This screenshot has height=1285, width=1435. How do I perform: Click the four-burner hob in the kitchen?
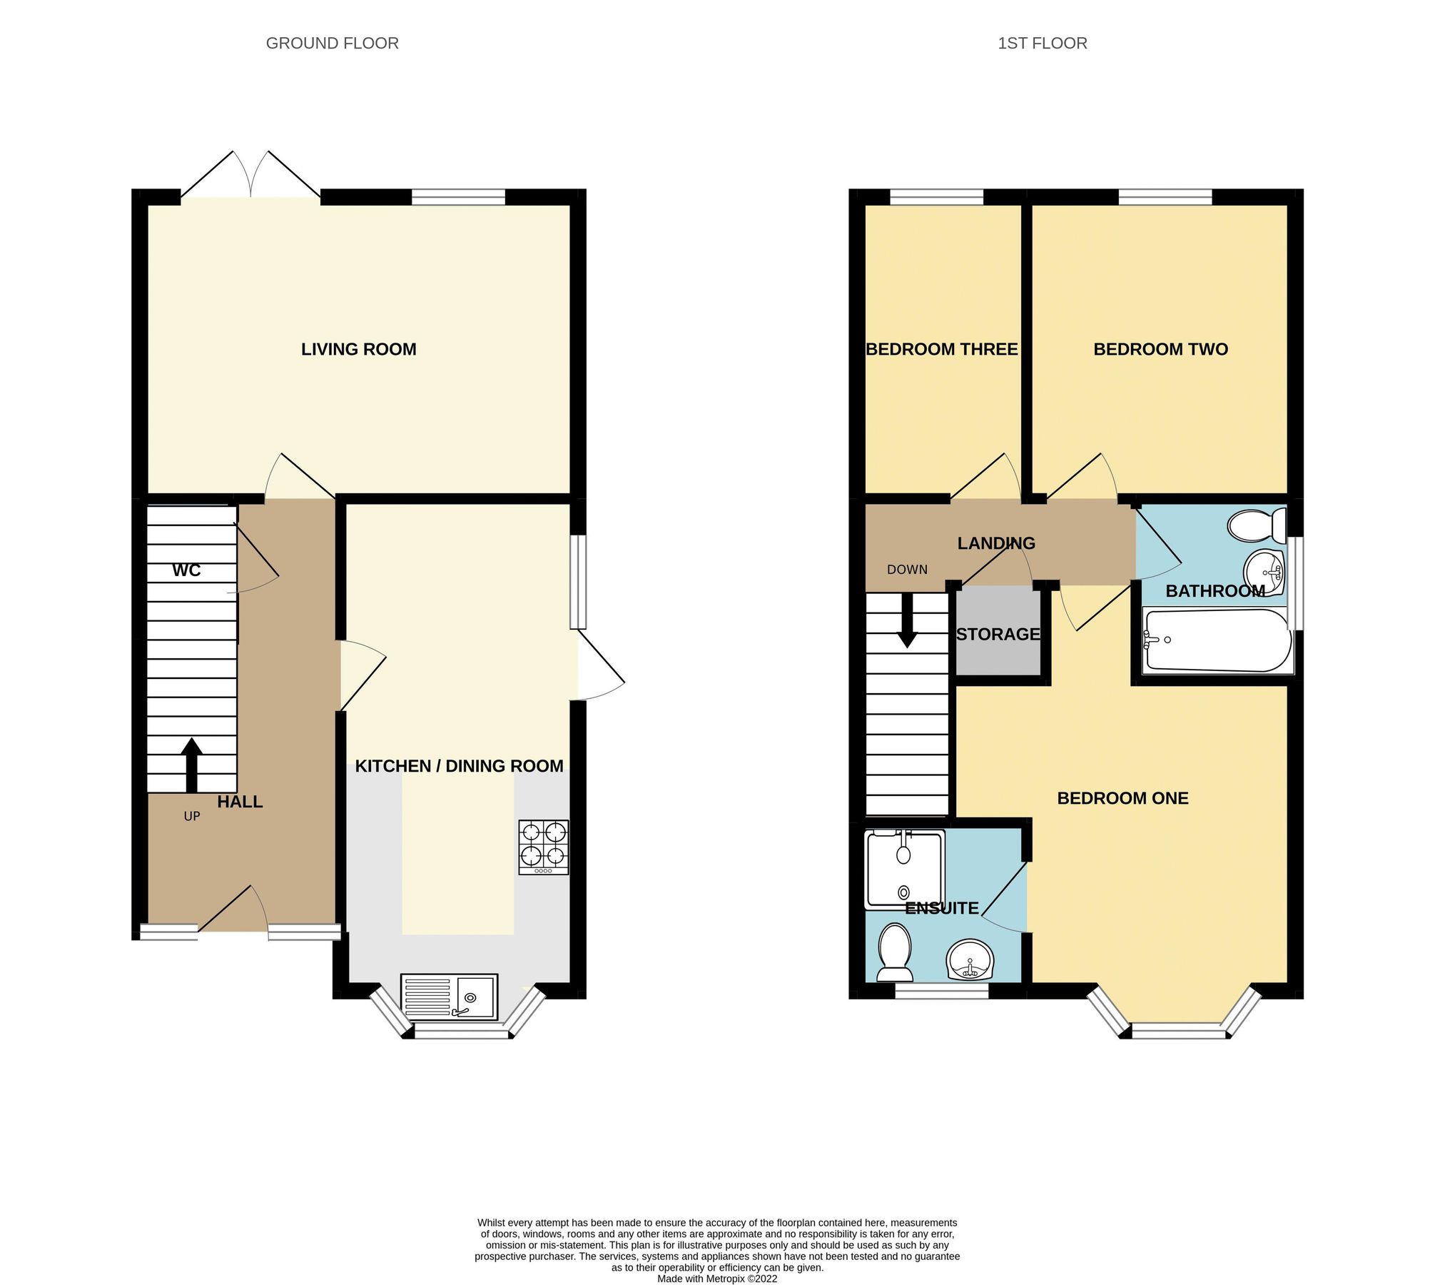(544, 847)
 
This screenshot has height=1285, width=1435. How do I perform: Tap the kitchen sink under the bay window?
(449, 996)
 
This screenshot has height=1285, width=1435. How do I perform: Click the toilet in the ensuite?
(895, 952)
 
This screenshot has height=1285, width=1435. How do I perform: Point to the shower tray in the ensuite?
(904, 870)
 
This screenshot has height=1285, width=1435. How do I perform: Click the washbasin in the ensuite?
(970, 959)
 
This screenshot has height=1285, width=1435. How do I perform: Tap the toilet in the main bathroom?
(1257, 525)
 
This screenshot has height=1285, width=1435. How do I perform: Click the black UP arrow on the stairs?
(191, 764)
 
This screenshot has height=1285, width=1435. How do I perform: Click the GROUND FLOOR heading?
(332, 44)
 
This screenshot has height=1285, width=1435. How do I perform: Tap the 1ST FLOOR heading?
(1042, 44)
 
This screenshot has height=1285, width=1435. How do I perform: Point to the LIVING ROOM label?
(358, 349)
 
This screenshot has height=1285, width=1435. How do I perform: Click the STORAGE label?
(998, 634)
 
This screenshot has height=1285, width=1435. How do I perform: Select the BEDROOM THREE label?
(941, 349)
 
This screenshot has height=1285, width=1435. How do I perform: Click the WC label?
(186, 570)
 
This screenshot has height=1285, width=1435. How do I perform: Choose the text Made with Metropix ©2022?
(717, 1278)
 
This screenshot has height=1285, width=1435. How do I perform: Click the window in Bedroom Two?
(1165, 196)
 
